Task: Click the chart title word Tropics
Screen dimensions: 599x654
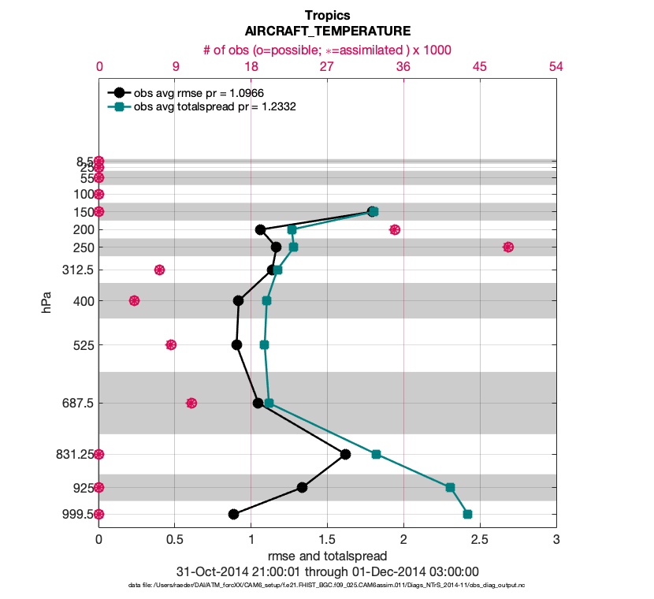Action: pos(327,16)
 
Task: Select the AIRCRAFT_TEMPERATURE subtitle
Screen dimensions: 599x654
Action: pos(327,32)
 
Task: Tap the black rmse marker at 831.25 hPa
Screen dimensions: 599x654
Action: pos(345,454)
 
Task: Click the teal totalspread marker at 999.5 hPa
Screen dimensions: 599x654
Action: pos(467,514)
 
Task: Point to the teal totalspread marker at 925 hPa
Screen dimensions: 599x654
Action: pos(450,487)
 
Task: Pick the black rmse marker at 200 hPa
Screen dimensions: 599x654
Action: pos(260,229)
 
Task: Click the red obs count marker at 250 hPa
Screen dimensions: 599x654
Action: pos(508,247)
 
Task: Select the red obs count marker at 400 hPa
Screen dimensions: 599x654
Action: pos(134,300)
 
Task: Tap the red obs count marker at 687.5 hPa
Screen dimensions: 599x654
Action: pos(191,403)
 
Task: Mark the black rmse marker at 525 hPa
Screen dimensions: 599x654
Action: pos(236,344)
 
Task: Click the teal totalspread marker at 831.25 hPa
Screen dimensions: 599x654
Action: pos(376,454)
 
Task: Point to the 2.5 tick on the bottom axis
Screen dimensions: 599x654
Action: pos(480,540)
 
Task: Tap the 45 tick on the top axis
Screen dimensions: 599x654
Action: pos(480,68)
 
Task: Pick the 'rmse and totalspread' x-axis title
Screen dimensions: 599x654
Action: pos(327,556)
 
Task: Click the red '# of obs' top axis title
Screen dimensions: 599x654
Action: pos(327,50)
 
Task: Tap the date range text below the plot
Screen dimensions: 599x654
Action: pos(327,571)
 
